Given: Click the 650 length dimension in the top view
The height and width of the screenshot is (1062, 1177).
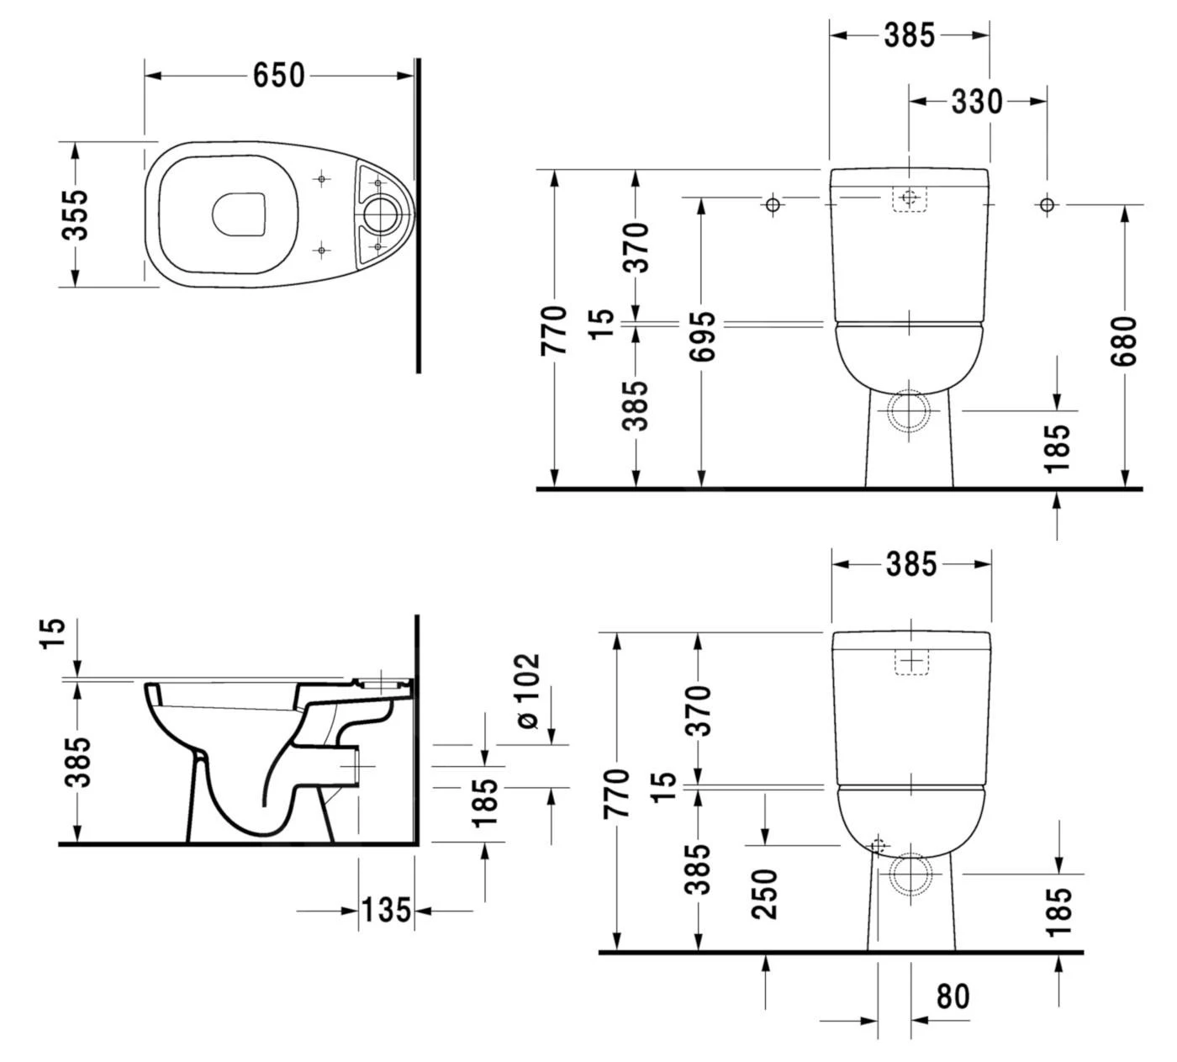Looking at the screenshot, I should pos(279,76).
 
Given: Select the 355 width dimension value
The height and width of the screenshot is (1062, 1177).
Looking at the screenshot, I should pos(75,214).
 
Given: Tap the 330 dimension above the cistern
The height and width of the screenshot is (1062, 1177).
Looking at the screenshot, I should pos(977,102).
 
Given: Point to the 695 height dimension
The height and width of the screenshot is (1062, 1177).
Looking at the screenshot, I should pos(702,336).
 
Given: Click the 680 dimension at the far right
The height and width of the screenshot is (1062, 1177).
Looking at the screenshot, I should pos(1124,341).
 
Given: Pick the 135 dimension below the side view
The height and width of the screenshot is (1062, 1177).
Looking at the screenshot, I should pos(386,910).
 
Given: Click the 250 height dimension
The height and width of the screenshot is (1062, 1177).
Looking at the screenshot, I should pos(765,894).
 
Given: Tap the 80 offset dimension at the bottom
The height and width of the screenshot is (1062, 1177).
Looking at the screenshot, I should pos(953,996).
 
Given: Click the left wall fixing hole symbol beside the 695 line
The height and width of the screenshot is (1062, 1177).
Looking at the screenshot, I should pos(773,204).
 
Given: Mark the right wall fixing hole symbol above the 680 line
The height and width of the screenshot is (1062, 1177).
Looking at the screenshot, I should pos(1047,204).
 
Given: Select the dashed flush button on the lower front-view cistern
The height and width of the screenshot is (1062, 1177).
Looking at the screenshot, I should pos(910,662).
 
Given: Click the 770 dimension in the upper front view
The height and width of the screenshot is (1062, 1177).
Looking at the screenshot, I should pos(555,330).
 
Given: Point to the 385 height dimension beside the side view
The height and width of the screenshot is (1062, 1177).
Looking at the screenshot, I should pos(77,762).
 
